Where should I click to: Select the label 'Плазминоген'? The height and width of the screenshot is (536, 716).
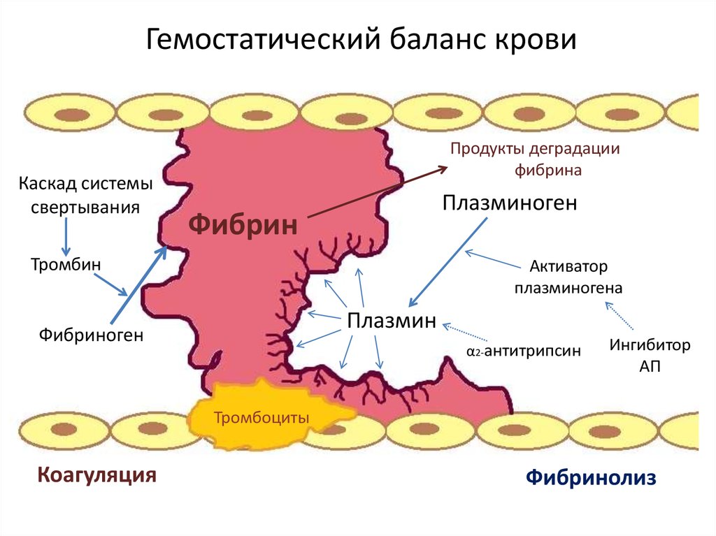[x=510, y=203]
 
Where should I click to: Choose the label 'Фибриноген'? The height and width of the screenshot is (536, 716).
[x=91, y=335]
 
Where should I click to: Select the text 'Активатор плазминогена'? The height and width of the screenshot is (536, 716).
[x=568, y=277]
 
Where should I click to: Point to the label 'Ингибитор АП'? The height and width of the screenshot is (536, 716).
[x=650, y=355]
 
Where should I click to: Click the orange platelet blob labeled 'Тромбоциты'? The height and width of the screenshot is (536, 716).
[x=261, y=417]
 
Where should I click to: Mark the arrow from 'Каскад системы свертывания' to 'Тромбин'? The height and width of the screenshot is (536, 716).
[x=65, y=236]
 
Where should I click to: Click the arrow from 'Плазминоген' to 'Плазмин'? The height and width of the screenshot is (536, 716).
[x=447, y=261]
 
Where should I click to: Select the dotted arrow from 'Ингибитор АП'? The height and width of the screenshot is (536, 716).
[x=621, y=316]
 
